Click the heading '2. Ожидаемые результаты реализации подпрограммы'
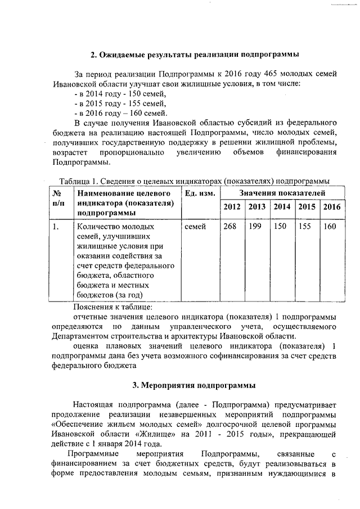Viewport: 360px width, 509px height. pyautogui.click(x=195, y=55)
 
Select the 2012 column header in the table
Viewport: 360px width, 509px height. pyautogui.click(x=232, y=207)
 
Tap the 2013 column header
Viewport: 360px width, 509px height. pyautogui.click(x=256, y=207)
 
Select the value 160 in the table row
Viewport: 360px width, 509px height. pyautogui.click(x=330, y=227)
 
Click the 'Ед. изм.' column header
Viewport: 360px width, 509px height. pyautogui.click(x=200, y=194)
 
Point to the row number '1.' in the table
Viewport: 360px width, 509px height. pyautogui.click(x=56, y=227)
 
